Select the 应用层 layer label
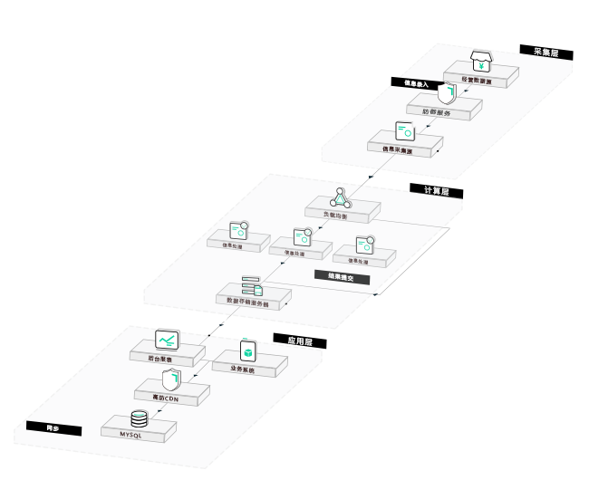[x=300, y=342]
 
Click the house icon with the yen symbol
[x=483, y=62]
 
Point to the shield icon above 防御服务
[x=445, y=92]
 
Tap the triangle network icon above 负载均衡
[x=340, y=197]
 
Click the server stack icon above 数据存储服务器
[x=251, y=286]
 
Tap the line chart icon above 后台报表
[x=167, y=341]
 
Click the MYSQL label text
[x=132, y=436]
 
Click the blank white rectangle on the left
[x=73, y=278]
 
